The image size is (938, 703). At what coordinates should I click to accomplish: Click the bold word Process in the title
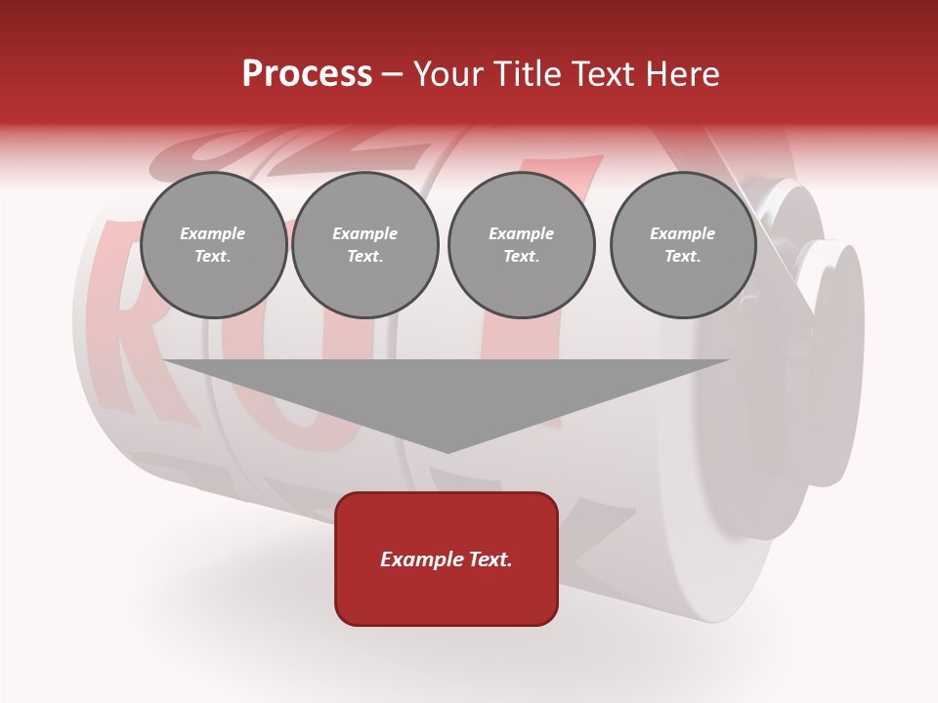[307, 74]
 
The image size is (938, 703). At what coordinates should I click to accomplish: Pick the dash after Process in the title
[392, 75]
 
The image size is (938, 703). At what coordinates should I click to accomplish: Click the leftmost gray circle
[213, 245]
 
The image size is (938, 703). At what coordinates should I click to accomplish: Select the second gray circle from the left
[364, 245]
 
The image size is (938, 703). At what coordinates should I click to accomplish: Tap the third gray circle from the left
[521, 245]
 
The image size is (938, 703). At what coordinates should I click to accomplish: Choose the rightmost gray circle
[683, 245]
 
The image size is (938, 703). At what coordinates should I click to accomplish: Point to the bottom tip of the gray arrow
[448, 450]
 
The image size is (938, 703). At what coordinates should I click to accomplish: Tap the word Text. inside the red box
[490, 559]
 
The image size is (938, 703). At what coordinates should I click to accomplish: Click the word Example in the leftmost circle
[213, 233]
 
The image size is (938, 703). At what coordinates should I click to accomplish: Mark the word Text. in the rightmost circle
[683, 257]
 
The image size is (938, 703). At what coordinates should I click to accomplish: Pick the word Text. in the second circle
[364, 257]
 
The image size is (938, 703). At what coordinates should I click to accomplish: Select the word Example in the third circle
[521, 233]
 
